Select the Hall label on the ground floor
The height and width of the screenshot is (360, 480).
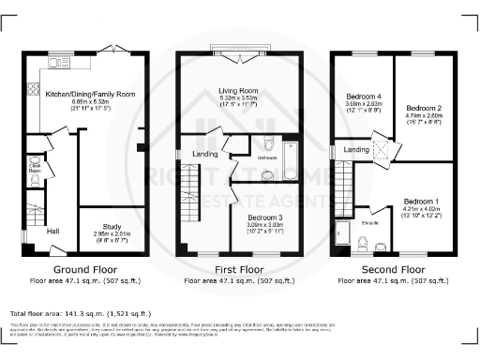pos(52,232)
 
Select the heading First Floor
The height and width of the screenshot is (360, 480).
pos(240,268)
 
